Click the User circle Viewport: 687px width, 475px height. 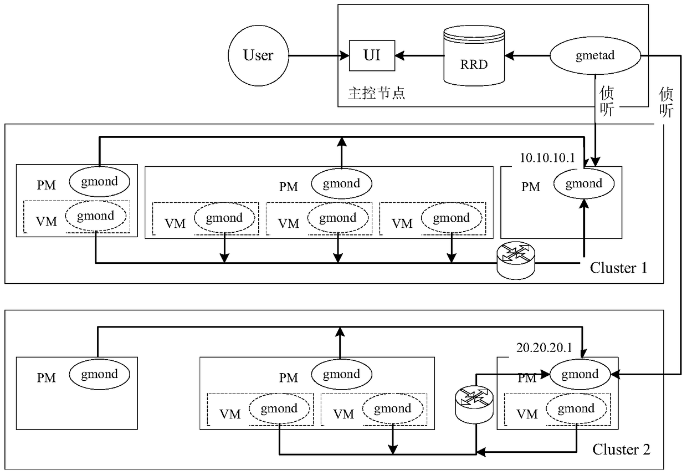tap(258, 55)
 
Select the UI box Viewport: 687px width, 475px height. tap(372, 55)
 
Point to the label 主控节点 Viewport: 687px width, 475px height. tap(376, 92)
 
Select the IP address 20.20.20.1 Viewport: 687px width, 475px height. tap(544, 349)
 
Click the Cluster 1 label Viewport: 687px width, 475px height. tap(618, 268)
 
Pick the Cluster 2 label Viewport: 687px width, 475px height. tap(621, 449)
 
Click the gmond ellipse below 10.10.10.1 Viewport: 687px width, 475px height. tap(583, 183)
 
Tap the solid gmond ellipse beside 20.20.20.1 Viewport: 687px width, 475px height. tap(580, 374)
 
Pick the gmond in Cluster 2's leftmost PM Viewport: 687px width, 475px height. tap(99, 374)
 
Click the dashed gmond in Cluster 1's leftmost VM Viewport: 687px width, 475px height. tap(95, 216)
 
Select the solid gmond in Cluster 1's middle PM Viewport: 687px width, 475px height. tap(341, 183)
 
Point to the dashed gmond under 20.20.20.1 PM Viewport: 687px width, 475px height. tap(576, 409)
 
